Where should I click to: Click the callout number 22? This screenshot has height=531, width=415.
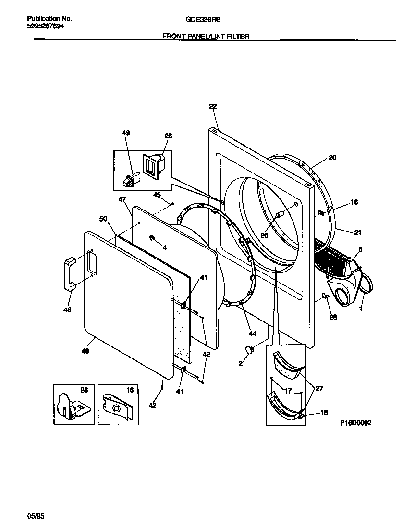click(x=213, y=107)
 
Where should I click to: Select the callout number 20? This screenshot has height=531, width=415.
click(x=332, y=158)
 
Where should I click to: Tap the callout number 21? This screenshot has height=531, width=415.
click(x=357, y=233)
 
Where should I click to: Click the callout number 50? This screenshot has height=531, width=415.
click(x=102, y=219)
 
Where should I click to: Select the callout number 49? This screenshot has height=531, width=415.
click(x=126, y=133)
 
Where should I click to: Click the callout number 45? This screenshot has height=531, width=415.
click(x=157, y=195)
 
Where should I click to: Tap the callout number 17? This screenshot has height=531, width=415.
click(x=287, y=391)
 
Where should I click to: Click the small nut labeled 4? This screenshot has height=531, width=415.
click(x=152, y=238)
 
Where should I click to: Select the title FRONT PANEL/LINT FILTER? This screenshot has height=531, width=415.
click(x=206, y=36)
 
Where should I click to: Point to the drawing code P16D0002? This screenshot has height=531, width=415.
click(x=355, y=423)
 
